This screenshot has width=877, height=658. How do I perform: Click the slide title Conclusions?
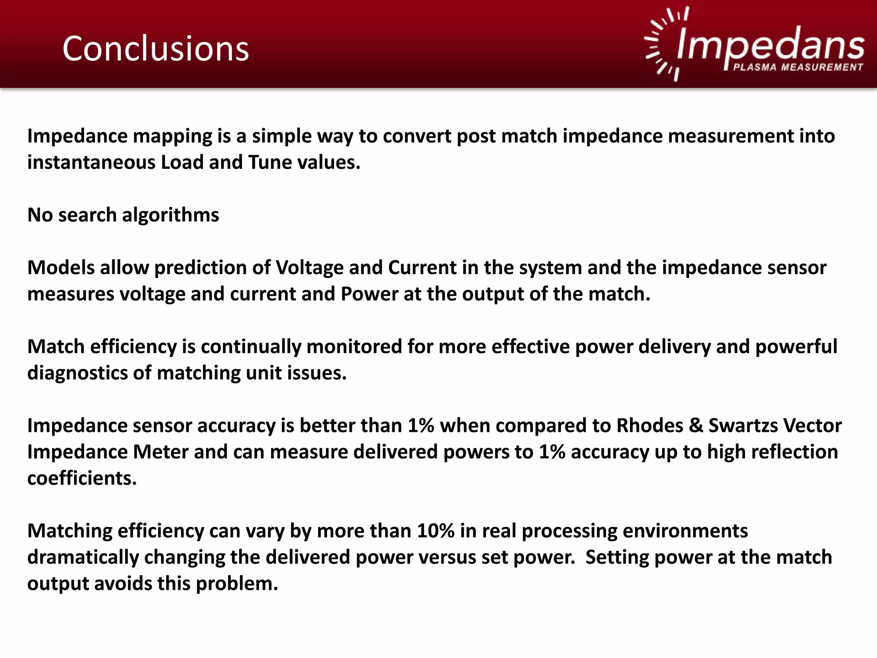(x=155, y=49)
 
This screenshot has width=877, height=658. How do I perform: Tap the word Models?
(x=61, y=268)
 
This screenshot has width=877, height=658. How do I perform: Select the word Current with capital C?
(x=422, y=268)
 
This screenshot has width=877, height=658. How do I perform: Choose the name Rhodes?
(x=650, y=426)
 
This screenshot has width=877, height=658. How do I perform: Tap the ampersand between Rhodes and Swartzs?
(x=696, y=426)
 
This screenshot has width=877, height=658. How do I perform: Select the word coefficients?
(x=82, y=479)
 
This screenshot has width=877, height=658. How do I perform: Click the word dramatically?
(x=83, y=558)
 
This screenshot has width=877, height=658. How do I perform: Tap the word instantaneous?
(x=91, y=163)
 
